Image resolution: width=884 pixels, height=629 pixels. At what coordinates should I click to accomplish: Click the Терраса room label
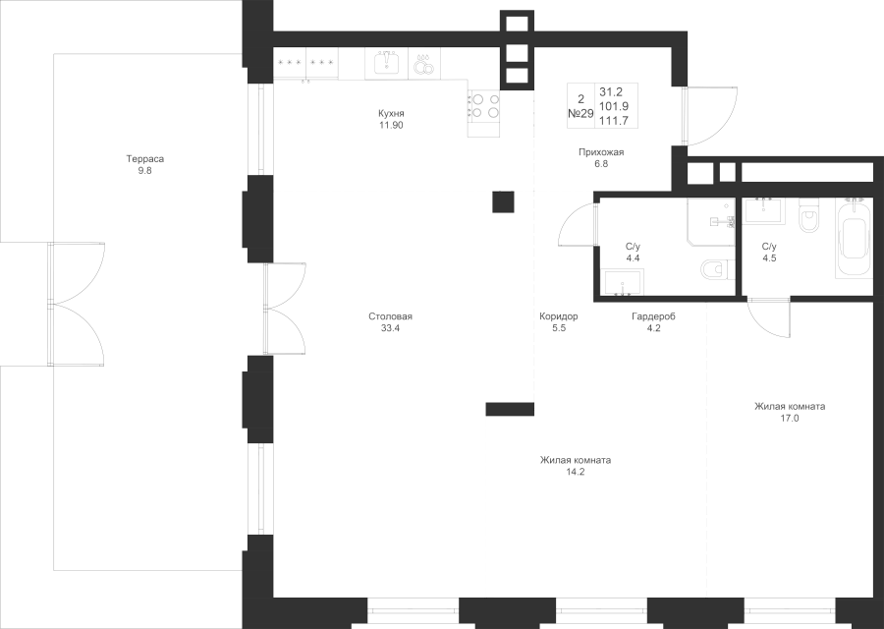[x=145, y=159]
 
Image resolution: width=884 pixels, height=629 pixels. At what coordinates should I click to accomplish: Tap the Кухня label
[x=391, y=113]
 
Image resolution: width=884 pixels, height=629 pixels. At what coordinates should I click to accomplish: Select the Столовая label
[x=390, y=316]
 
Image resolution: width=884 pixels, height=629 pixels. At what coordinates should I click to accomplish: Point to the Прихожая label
[x=601, y=152]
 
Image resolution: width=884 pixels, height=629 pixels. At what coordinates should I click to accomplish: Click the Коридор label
[x=559, y=316]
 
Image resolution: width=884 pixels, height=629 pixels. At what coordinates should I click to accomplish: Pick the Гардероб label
[x=653, y=316]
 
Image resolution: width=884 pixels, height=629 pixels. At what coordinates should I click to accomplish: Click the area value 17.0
[x=790, y=419]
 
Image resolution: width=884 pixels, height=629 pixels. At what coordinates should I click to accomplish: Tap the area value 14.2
[x=576, y=472]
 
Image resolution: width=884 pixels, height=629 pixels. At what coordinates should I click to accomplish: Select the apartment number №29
[x=580, y=113]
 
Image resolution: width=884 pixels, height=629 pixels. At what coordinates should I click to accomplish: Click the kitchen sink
[x=387, y=64]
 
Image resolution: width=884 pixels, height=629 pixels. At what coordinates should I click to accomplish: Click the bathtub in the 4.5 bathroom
[x=856, y=239]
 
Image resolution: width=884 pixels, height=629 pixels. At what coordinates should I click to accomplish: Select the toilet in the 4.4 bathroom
[x=718, y=269]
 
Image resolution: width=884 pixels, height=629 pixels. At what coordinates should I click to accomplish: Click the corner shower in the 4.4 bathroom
[x=711, y=222]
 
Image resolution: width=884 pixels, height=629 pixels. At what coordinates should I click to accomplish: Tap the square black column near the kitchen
[x=503, y=201]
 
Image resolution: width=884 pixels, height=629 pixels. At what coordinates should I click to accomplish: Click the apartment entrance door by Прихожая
[x=710, y=116]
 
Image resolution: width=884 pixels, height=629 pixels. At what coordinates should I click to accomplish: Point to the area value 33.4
[x=390, y=328]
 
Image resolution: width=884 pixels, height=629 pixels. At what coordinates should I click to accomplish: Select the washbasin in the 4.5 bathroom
[x=764, y=209]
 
